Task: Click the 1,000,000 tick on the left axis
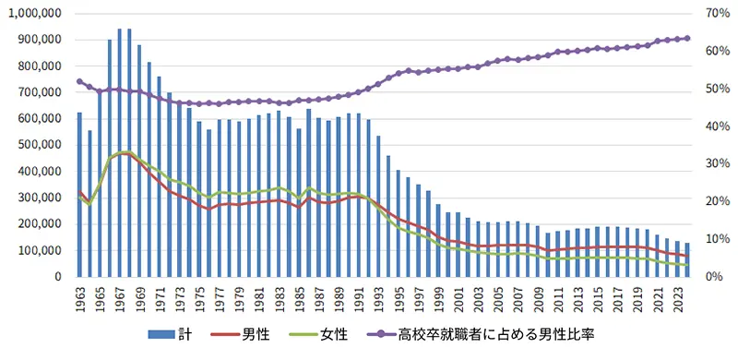(x=33, y=13)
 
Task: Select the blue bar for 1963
(x=79, y=195)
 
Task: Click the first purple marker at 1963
(x=79, y=81)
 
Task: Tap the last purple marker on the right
(x=687, y=38)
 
